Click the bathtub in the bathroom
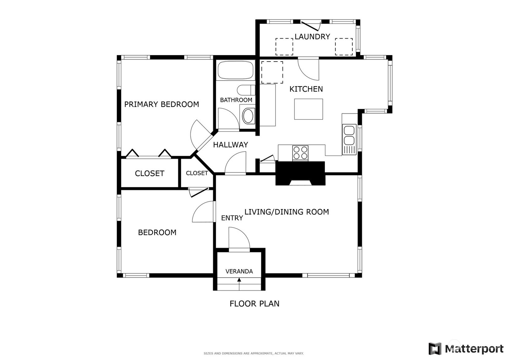(235, 70)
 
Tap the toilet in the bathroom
(246, 90)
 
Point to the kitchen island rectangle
(308, 109)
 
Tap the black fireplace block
(300, 173)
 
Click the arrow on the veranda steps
(239, 284)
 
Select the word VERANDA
(239, 271)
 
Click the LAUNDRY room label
(312, 37)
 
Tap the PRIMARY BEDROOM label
(162, 104)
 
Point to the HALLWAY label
(230, 145)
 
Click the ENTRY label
(232, 218)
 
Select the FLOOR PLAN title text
(254, 304)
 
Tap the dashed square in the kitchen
(272, 72)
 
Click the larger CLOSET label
(150, 173)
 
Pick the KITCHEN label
(306, 89)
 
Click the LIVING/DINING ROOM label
(287, 212)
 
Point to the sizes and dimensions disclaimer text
(254, 353)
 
